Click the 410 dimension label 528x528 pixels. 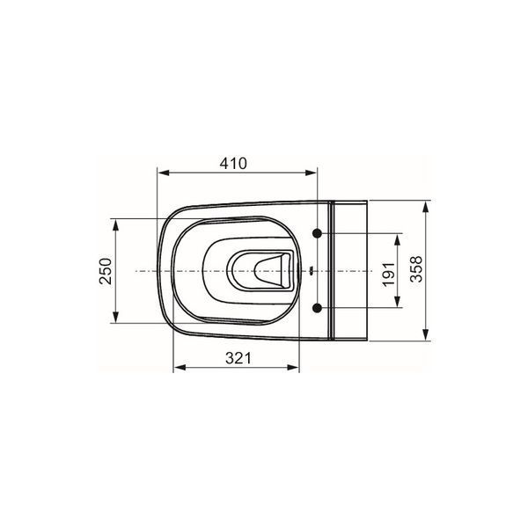(233, 164)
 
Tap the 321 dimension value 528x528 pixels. (238, 358)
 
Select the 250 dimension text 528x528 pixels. (106, 271)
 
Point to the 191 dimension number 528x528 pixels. (389, 274)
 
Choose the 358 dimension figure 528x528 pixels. (416, 268)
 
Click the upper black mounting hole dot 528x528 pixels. (317, 233)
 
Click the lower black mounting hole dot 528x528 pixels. (317, 307)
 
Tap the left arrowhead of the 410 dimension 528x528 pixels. (164, 172)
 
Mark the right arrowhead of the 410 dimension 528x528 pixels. (311, 172)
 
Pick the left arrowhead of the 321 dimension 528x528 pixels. (180, 367)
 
